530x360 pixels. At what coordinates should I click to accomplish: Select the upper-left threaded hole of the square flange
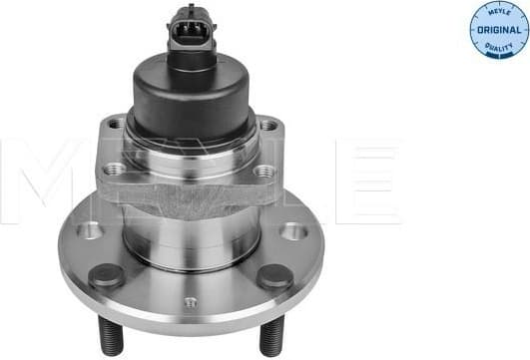(x=116, y=125)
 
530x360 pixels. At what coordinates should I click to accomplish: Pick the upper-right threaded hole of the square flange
(x=267, y=126)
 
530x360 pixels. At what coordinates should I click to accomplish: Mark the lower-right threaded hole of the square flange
(x=263, y=173)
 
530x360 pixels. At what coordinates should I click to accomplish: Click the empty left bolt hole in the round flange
(x=89, y=230)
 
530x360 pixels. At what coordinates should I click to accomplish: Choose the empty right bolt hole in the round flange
(x=292, y=231)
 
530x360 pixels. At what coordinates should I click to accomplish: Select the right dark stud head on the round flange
(x=274, y=276)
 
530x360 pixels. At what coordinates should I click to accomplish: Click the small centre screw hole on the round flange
(x=192, y=302)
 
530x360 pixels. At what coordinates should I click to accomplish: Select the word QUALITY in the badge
(x=497, y=47)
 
